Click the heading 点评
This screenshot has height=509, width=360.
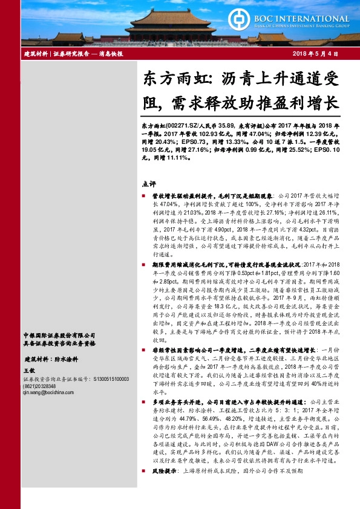pyautogui.click(x=148, y=183)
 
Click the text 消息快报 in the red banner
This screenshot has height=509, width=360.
pyautogui.click(x=111, y=54)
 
